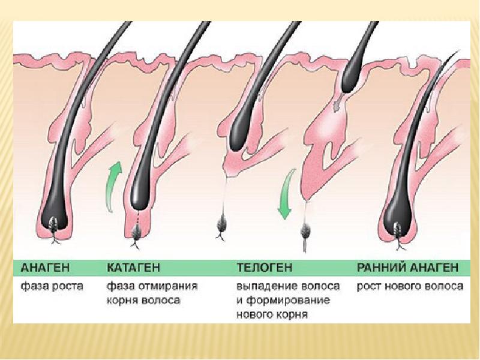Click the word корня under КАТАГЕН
[124, 300]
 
